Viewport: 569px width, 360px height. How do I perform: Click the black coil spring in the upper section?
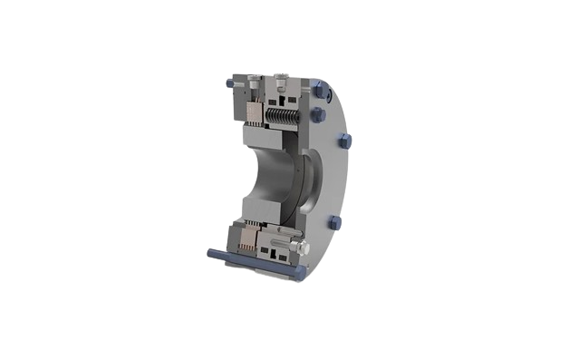(278, 114)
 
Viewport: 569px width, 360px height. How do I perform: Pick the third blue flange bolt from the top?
(345, 141)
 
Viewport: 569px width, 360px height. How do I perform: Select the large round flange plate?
(335, 181)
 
